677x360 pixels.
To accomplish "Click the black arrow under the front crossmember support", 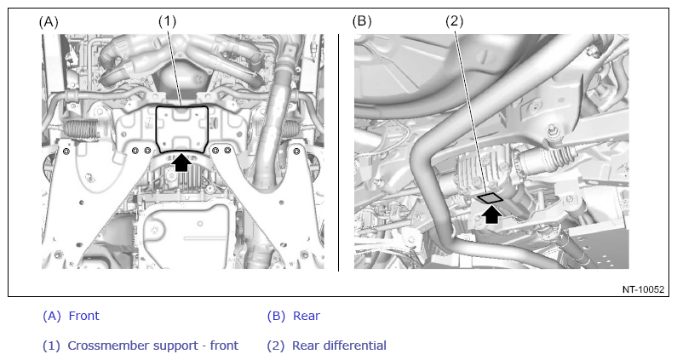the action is click(181, 163).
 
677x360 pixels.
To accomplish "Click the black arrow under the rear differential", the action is click(491, 214).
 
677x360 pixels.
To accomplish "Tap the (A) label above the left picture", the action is click(49, 22).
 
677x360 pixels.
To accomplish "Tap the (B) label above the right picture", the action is click(362, 21).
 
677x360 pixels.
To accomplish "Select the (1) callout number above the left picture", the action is click(167, 21).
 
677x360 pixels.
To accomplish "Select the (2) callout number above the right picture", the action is click(454, 21).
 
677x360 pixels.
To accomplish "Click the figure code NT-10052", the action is click(643, 289).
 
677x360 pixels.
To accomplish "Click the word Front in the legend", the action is click(83, 316).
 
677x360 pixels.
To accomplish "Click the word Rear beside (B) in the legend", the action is click(306, 316).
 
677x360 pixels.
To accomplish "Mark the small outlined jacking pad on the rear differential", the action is click(490, 197).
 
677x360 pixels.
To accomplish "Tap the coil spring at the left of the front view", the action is click(80, 129).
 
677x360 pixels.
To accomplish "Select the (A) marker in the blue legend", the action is click(52, 316).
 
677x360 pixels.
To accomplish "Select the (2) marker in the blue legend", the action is click(276, 346).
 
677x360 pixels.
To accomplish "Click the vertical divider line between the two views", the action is click(339, 153).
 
